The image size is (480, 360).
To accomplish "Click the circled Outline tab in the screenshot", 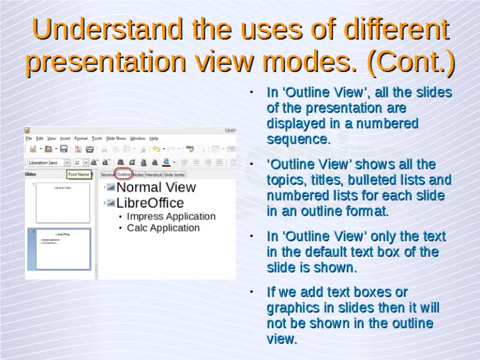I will coord(124,175).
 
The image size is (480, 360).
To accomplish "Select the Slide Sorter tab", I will coord(174,175).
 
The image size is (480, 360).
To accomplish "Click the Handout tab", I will coord(154,175).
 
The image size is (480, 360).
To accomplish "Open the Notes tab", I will coord(138,175).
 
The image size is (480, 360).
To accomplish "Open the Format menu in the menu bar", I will coord(81,138).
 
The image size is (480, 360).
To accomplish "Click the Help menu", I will coord(154,138).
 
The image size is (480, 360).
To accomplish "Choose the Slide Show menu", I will coord(116,138).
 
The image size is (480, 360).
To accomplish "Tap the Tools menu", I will coord(97,138).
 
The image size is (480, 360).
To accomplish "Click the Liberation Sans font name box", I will coord(46,162).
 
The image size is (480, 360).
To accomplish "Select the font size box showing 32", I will coord(77,162).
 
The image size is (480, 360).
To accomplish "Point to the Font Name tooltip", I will coord(78,174).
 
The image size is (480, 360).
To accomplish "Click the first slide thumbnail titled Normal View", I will coord(62,202).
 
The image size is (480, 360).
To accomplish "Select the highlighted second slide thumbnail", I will coord(62,249).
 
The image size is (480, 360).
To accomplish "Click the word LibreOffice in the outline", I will coord(150,203).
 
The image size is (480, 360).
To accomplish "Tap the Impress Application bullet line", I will coord(171,216).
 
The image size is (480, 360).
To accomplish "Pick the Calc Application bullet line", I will coord(163,227).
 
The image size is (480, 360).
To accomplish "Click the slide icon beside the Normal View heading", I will coord(111,187).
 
